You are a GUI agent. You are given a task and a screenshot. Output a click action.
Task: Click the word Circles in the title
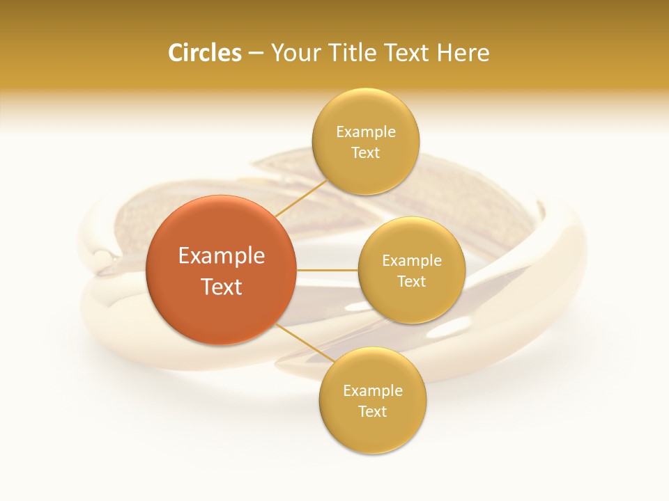pyautogui.click(x=204, y=53)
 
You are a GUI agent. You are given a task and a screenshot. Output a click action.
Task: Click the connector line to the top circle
pyautogui.click(x=300, y=197)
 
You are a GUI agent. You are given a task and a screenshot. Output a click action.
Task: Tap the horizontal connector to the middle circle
pyautogui.click(x=327, y=270)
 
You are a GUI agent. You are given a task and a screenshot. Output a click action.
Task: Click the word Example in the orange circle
pyautogui.click(x=222, y=256)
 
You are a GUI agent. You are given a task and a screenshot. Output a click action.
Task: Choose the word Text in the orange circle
pyautogui.click(x=222, y=287)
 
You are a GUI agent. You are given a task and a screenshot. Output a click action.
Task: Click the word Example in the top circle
pyautogui.click(x=366, y=132)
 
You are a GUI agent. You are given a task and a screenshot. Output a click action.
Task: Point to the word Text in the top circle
pyautogui.click(x=366, y=153)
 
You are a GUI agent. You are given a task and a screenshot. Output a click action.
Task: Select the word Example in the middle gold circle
pyautogui.click(x=412, y=261)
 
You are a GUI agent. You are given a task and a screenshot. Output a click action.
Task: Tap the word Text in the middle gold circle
pyautogui.click(x=412, y=282)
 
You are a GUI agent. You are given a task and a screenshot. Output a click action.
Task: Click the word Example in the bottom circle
pyautogui.click(x=373, y=391)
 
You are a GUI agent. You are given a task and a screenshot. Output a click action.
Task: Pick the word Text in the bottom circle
pyautogui.click(x=373, y=412)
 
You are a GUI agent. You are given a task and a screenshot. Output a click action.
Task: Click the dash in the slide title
pyautogui.click(x=255, y=54)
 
